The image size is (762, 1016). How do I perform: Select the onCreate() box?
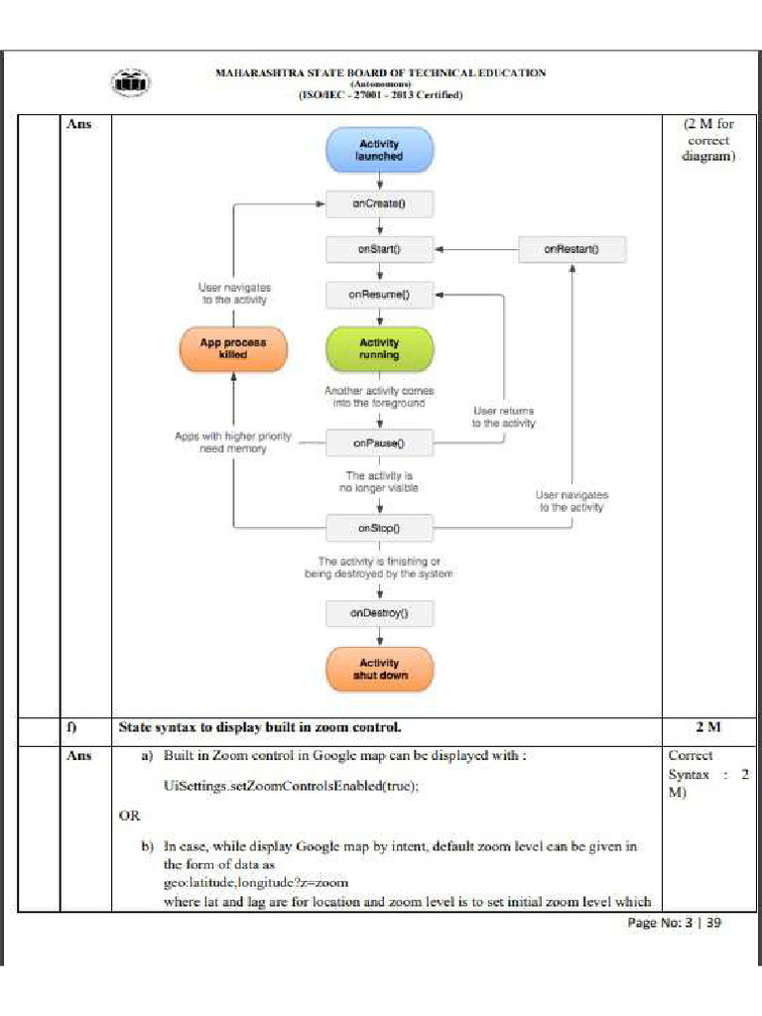379,204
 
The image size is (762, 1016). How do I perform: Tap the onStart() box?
379,249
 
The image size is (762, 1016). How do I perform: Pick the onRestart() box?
571,249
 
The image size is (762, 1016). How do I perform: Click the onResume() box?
379,295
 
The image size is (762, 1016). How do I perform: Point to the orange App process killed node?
233,348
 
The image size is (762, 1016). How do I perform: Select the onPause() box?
379,443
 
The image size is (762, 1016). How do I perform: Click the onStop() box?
379,528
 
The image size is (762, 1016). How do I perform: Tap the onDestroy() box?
379,613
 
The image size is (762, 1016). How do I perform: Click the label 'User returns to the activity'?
503,417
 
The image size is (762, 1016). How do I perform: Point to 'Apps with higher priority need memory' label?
220,442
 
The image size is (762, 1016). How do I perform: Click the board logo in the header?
131,83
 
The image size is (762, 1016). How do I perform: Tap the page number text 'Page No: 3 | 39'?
674,923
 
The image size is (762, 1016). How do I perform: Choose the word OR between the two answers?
129,816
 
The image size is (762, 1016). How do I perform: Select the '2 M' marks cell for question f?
707,727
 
